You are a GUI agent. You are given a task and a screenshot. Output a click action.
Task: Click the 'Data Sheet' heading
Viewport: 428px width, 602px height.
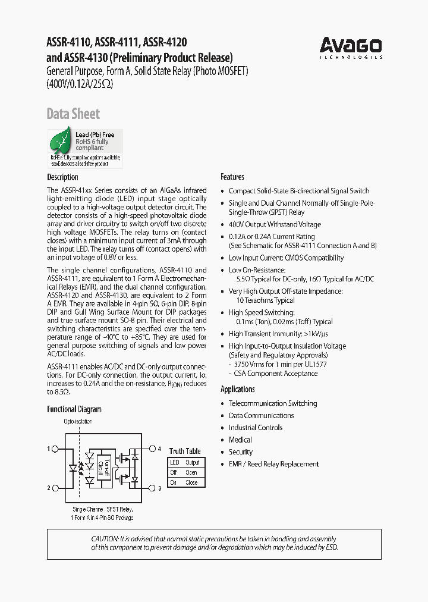coord(73,114)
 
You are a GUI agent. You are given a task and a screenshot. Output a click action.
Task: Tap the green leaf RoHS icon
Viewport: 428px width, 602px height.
coord(61,142)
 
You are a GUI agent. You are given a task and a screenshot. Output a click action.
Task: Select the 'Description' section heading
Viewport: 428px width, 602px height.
coord(62,177)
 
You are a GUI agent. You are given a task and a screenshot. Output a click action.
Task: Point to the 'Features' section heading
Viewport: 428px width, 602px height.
coord(232,177)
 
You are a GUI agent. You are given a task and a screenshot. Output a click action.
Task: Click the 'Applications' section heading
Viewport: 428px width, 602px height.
coord(238,389)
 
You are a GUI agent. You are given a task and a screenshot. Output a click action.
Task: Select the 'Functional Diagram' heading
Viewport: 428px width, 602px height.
coord(74,409)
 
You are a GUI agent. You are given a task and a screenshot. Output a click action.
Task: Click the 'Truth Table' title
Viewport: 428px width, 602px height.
coord(185,451)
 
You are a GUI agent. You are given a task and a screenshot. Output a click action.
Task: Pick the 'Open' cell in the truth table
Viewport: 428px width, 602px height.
coord(192,472)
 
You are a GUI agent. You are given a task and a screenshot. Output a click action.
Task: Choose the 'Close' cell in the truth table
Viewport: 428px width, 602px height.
coord(192,482)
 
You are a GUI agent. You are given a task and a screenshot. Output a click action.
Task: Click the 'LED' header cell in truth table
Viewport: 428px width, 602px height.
coord(175,462)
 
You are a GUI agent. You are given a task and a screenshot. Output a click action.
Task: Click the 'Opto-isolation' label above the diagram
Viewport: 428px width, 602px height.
coord(78,421)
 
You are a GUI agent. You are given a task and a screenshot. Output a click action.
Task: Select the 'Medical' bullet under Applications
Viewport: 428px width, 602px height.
coord(240,440)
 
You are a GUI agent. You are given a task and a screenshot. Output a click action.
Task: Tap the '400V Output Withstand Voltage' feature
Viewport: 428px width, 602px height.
coord(275,224)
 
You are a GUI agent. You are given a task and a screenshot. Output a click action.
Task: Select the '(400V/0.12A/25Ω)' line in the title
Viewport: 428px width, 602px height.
coord(80,84)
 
